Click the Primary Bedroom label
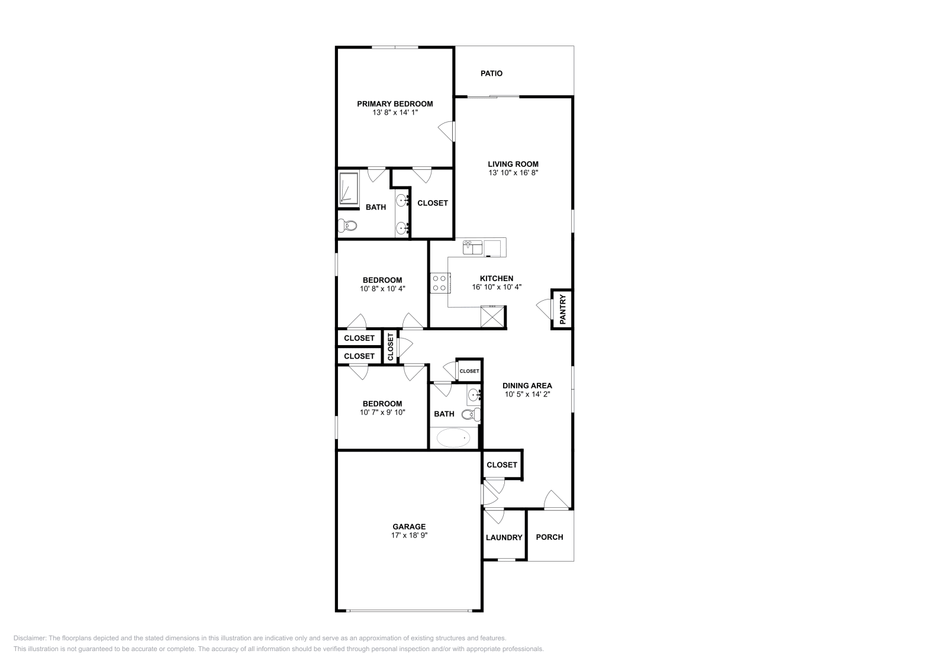[395, 104]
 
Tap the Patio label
[491, 73]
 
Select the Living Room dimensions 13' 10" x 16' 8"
[513, 173]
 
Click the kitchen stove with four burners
[440, 282]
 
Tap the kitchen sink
[473, 247]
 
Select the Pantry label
[563, 308]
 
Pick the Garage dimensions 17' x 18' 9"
[409, 535]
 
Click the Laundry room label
[504, 537]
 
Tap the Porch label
[549, 537]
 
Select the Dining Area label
[527, 385]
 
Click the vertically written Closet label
[391, 346]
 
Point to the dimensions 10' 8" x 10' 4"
[382, 289]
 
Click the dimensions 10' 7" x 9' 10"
[382, 413]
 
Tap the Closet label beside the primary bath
[433, 203]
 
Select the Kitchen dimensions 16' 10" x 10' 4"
[497, 287]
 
